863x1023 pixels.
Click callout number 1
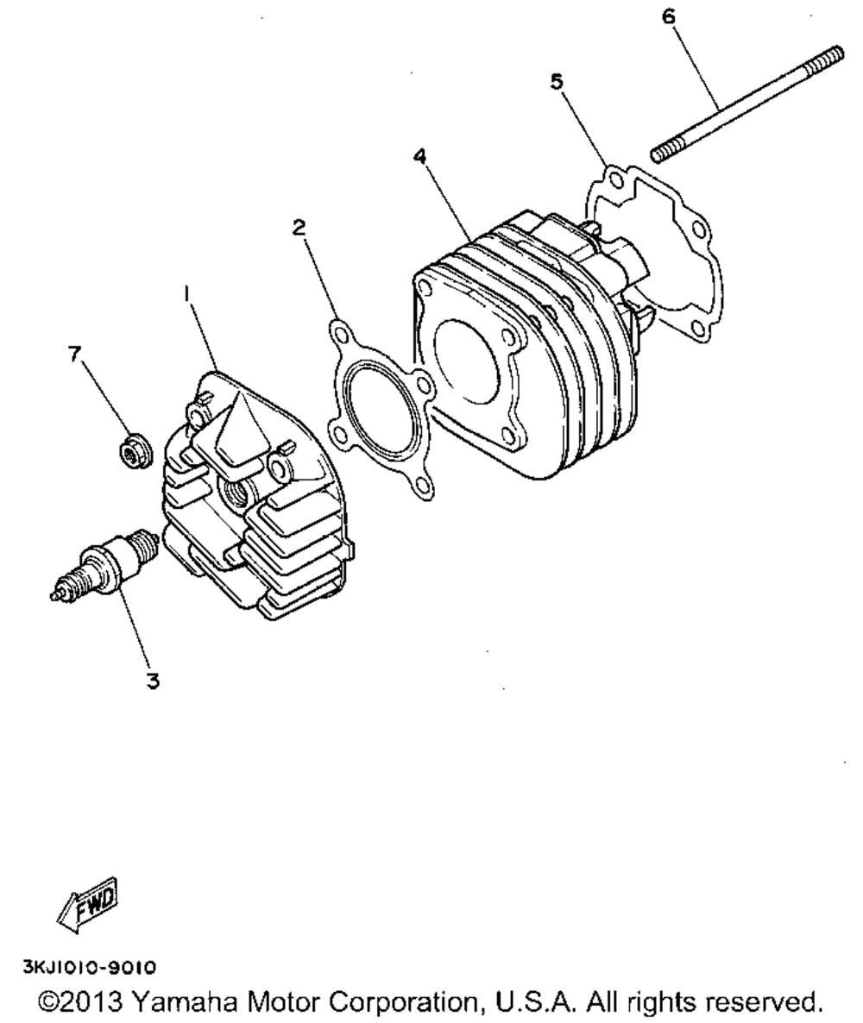(x=186, y=296)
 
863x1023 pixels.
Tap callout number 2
(x=299, y=228)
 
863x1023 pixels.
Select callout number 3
(x=153, y=681)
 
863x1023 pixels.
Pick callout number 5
(x=556, y=82)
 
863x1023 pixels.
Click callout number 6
(x=669, y=16)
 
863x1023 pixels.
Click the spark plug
(x=104, y=562)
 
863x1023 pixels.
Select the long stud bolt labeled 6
(x=747, y=104)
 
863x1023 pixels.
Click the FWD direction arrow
(x=88, y=906)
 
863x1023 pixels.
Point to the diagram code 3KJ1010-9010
(x=90, y=967)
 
